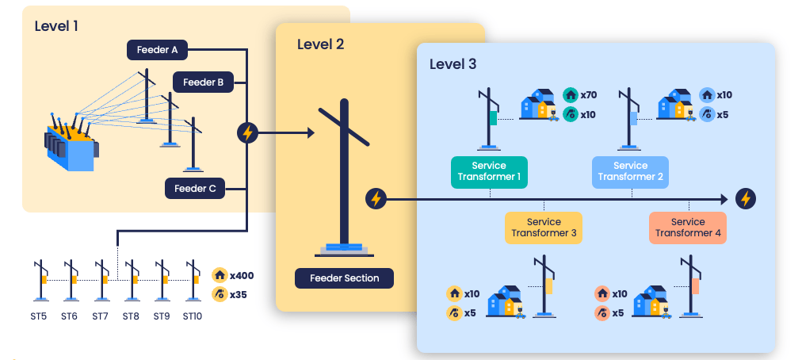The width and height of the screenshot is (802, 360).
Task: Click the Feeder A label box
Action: point(157,50)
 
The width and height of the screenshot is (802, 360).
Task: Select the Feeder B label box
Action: point(202,82)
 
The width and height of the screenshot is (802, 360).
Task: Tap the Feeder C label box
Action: point(194,189)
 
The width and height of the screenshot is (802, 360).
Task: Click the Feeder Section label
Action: point(344,278)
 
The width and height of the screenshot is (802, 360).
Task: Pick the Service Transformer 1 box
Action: point(489,171)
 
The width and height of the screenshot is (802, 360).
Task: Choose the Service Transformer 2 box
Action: point(630,171)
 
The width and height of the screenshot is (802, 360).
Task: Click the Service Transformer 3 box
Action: point(544,228)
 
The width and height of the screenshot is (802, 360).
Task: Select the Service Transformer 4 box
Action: point(687,228)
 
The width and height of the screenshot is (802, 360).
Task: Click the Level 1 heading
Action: point(56,26)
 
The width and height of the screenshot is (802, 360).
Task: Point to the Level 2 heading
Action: point(320,44)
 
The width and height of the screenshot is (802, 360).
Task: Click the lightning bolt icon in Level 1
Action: point(247,132)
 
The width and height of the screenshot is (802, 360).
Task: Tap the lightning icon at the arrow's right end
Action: point(745,198)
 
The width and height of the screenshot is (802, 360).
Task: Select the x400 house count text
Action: point(241,276)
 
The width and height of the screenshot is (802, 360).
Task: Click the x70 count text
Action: point(588,95)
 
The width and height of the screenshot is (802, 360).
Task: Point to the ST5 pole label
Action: point(39,316)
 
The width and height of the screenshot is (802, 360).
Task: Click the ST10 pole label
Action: point(193,316)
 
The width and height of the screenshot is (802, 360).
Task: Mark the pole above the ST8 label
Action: point(132,279)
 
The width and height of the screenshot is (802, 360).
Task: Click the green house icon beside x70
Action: point(570,95)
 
